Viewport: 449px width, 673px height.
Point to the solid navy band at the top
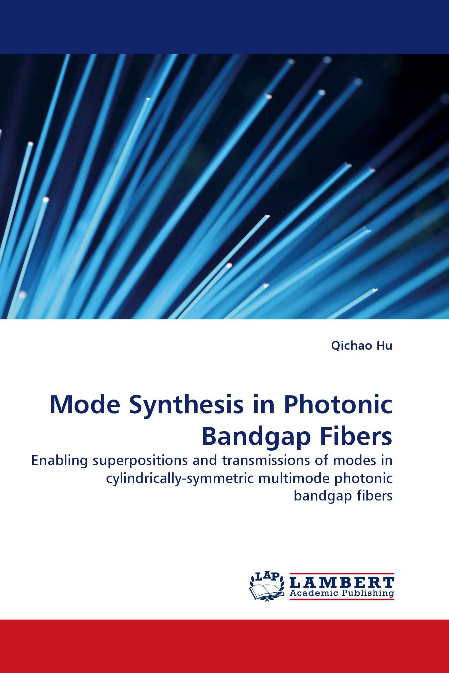[224, 27]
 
